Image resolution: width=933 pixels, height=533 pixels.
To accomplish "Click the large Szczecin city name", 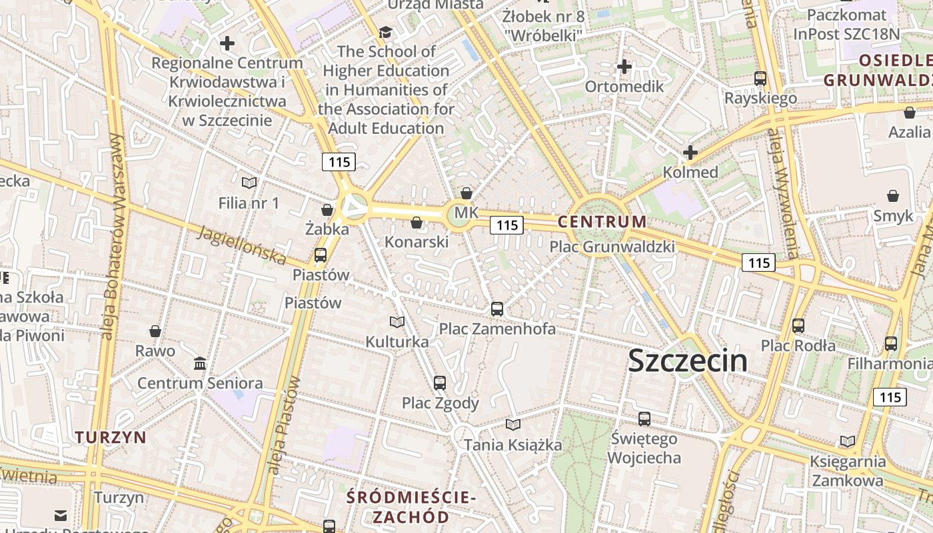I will click(x=687, y=360).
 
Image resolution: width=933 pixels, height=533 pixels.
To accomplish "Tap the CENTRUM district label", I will click(x=602, y=222).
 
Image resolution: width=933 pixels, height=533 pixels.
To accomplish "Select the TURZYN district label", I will click(x=110, y=437).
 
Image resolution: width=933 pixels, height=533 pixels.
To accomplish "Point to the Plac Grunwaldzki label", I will click(x=612, y=247).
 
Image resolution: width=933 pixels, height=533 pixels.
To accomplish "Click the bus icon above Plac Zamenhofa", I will click(x=496, y=308).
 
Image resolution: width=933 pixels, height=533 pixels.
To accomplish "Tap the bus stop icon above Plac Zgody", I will click(x=439, y=382).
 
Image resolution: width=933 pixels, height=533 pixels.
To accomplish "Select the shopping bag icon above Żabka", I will click(x=327, y=210).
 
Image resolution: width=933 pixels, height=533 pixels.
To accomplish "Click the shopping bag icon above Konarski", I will click(x=417, y=223).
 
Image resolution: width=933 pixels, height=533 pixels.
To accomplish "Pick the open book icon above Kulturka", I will click(x=397, y=322).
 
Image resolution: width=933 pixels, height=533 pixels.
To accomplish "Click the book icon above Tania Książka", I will click(x=512, y=424).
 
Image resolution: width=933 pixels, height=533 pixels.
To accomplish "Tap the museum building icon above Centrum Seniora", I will click(x=199, y=363).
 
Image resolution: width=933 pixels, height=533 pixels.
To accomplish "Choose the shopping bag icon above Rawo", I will click(x=155, y=331).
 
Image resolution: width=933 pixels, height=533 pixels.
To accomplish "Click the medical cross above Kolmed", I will click(x=690, y=153).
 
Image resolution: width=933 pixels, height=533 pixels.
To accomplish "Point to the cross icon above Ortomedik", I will click(x=624, y=67).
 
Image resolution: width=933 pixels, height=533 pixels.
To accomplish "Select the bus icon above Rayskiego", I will click(x=760, y=78).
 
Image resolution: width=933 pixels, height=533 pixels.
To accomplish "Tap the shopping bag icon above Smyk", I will click(x=892, y=196).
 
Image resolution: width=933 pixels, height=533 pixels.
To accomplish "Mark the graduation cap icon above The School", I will click(x=385, y=32).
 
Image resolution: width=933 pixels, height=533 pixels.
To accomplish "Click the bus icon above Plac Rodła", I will click(x=798, y=326).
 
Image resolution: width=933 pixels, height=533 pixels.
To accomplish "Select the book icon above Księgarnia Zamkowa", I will click(x=847, y=441).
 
